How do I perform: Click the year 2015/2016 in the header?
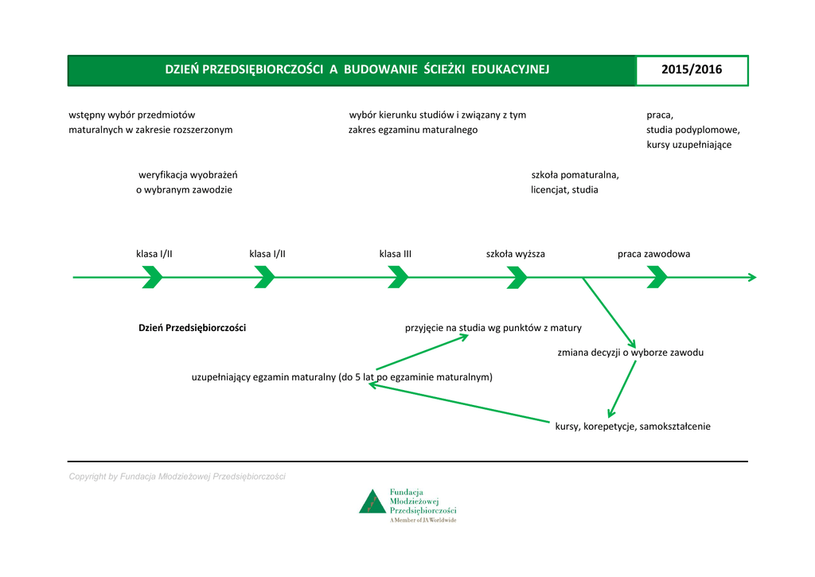pyautogui.click(x=692, y=70)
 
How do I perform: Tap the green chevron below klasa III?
pyautogui.click(x=398, y=277)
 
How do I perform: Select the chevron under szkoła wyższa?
pyautogui.click(x=517, y=277)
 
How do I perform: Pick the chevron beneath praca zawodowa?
pyautogui.click(x=657, y=277)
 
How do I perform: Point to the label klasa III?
pyautogui.click(x=395, y=254)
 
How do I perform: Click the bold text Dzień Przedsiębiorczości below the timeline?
pyautogui.click(x=192, y=328)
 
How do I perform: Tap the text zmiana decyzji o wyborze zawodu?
pyautogui.click(x=630, y=352)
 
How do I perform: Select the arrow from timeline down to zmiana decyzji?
pyautogui.click(x=609, y=310)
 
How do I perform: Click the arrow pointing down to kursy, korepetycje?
pyautogui.click(x=622, y=389)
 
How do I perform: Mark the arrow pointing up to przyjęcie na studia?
pyautogui.click(x=422, y=352)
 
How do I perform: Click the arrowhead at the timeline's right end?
pyautogui.click(x=751, y=277)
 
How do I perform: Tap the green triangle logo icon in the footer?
pyautogui.click(x=372, y=503)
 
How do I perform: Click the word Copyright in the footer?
pyautogui.click(x=88, y=477)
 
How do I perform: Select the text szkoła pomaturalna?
pyautogui.click(x=575, y=174)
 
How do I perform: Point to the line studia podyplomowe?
pyautogui.click(x=692, y=130)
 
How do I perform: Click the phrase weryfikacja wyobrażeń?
pyautogui.click(x=188, y=174)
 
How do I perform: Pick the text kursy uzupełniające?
pyautogui.click(x=688, y=145)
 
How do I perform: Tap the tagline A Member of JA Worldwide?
pyautogui.click(x=423, y=520)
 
